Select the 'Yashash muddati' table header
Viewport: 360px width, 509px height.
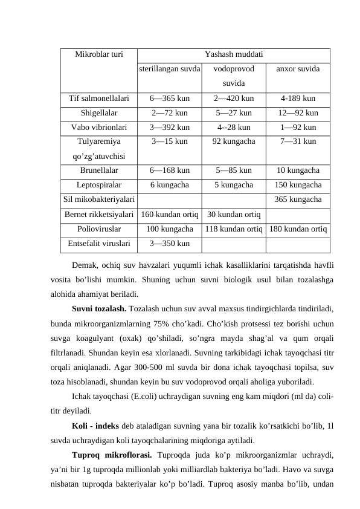coord(233,54)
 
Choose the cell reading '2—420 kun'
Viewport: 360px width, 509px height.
coord(233,97)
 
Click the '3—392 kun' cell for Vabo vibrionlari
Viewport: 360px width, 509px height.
coord(170,128)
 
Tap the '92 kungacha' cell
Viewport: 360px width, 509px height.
coord(233,142)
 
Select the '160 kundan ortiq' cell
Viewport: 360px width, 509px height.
coord(170,214)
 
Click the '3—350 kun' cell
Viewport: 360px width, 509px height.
coord(170,244)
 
